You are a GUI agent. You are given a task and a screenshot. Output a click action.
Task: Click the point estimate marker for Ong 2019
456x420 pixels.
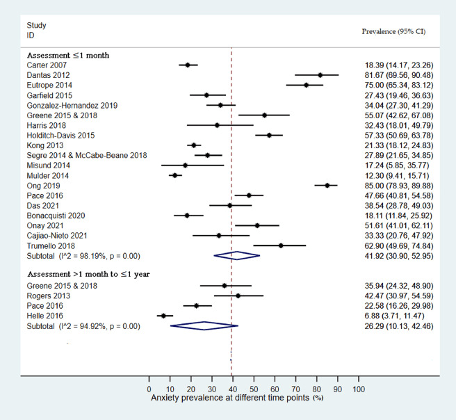coord(327,186)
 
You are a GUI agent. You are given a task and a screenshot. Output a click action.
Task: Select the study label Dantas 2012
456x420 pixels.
coord(48,74)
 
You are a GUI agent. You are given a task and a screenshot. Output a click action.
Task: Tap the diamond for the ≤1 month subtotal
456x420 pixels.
coord(237,255)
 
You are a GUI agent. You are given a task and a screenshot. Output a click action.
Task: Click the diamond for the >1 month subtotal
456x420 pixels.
coord(204,325)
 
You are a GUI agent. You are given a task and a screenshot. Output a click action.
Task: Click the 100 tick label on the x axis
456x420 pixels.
coord(359,389)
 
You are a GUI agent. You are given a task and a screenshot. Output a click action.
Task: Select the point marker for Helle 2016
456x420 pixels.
coord(163,315)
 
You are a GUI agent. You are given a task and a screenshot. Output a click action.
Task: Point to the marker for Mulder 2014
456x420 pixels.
coord(174,175)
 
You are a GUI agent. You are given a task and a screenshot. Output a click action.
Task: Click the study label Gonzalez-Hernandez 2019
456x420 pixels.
coord(72,105)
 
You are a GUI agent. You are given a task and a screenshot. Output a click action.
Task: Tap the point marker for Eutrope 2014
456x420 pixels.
coord(307,85)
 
